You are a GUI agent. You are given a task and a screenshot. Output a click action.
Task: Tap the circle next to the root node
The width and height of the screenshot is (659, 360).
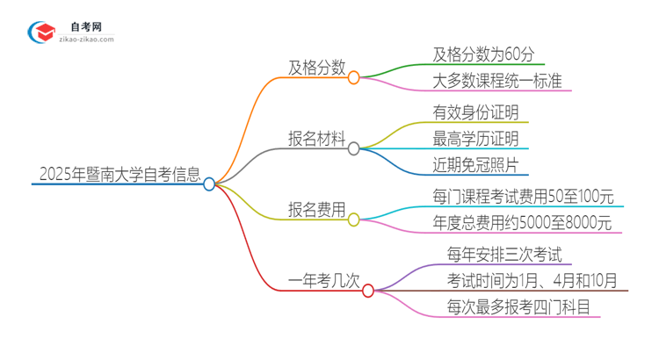(209, 184)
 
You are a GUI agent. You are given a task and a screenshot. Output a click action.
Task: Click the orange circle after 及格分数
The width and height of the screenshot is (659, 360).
(354, 77)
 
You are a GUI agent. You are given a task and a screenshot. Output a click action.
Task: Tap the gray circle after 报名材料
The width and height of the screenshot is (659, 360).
(354, 149)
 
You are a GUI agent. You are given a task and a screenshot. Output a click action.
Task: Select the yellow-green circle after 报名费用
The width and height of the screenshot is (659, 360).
(354, 220)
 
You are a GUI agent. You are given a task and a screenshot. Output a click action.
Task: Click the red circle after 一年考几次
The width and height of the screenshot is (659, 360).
(368, 291)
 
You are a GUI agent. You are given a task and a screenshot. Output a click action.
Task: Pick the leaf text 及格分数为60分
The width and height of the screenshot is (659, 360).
(484, 54)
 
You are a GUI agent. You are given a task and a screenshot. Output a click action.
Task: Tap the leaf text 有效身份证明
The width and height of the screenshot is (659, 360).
(475, 112)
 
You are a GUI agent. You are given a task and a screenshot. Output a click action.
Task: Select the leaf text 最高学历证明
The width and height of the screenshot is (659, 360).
(475, 139)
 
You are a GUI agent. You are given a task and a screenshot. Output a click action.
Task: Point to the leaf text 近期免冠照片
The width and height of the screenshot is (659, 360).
(475, 165)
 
